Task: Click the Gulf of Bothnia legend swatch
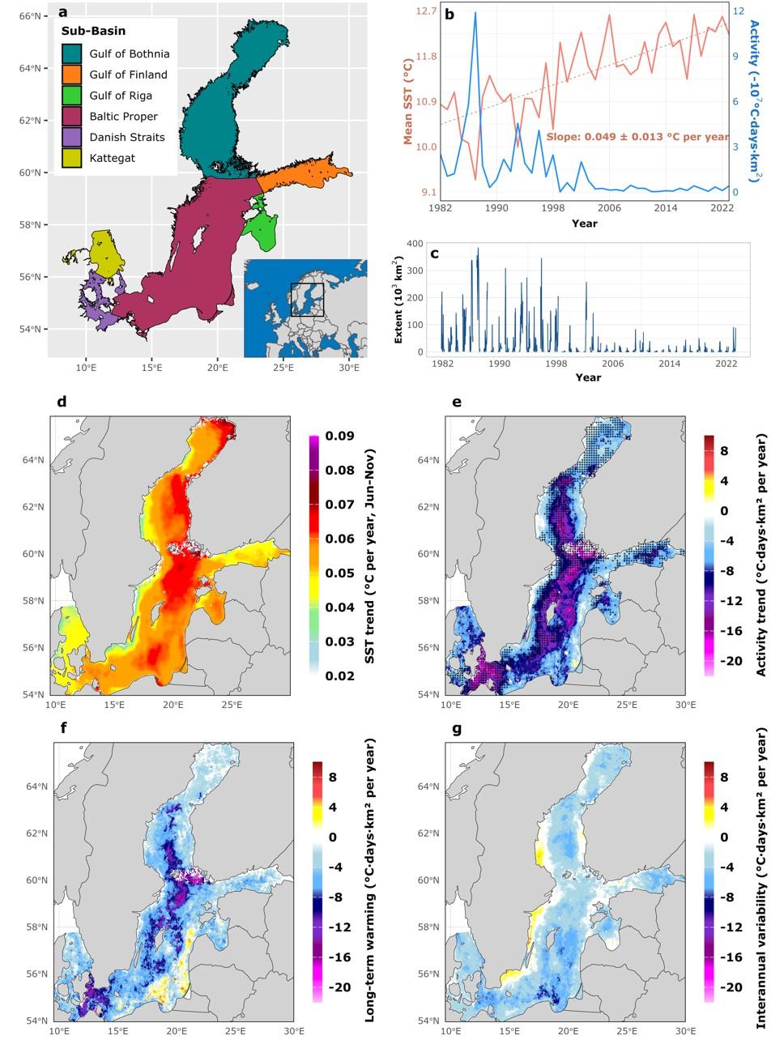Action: click(x=72, y=53)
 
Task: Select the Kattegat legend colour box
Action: click(x=72, y=158)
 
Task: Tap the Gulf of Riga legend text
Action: click(x=121, y=96)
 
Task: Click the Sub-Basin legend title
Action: click(x=93, y=31)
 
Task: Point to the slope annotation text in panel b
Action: click(x=638, y=137)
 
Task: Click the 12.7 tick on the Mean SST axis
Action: click(x=426, y=11)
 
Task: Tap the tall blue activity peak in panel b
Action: click(x=475, y=13)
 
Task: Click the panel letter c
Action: click(x=435, y=254)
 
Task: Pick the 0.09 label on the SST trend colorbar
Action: click(x=339, y=436)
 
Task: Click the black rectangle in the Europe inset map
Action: click(x=307, y=300)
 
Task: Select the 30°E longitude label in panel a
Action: click(x=349, y=368)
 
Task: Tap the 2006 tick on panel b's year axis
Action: click(x=610, y=207)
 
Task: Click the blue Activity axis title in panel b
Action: click(x=755, y=100)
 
